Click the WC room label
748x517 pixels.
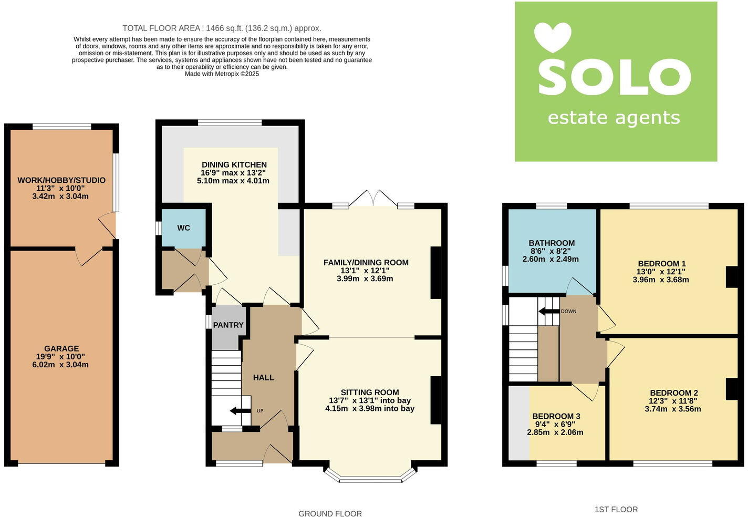[183, 228]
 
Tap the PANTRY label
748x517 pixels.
[228, 325]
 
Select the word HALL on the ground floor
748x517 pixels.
[264, 377]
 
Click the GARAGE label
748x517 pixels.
[61, 348]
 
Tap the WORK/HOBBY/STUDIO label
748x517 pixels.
[61, 180]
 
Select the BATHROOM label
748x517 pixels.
[552, 243]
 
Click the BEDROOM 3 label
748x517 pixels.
[556, 416]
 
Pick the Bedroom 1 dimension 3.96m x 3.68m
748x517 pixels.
[661, 280]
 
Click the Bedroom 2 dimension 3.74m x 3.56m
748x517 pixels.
[673, 409]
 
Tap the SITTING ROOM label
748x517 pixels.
[370, 392]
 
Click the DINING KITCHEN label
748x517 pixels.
[234, 164]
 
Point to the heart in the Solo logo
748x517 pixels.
[553, 37]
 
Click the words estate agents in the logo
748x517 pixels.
[614, 118]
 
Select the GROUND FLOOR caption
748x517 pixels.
[330, 514]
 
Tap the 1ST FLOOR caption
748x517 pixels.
[616, 510]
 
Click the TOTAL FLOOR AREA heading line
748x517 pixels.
[222, 28]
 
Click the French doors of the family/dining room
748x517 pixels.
[373, 199]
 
